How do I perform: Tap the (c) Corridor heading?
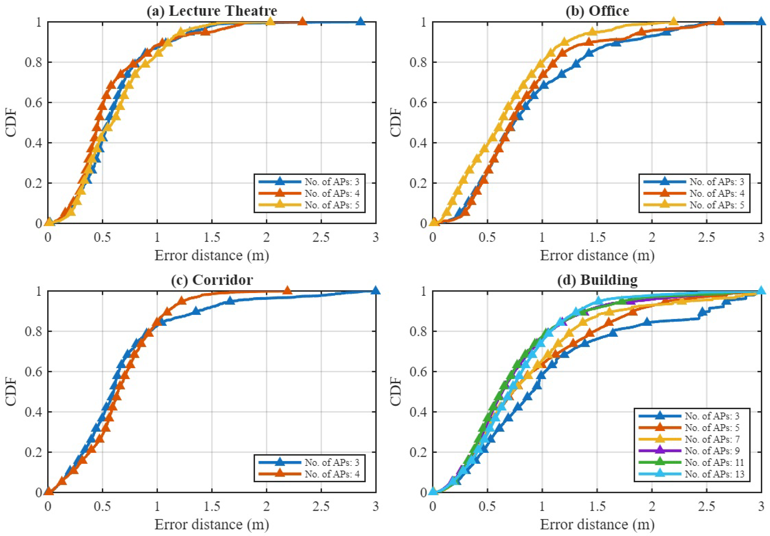(212, 280)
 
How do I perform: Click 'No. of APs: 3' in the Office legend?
(717, 182)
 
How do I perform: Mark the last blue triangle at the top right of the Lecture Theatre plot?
(360, 22)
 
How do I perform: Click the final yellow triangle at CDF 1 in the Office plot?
(673, 22)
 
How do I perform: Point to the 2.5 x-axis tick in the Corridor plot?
(321, 506)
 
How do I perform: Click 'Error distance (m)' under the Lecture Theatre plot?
(212, 255)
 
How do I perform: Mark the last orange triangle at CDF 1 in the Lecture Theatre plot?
(302, 22)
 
